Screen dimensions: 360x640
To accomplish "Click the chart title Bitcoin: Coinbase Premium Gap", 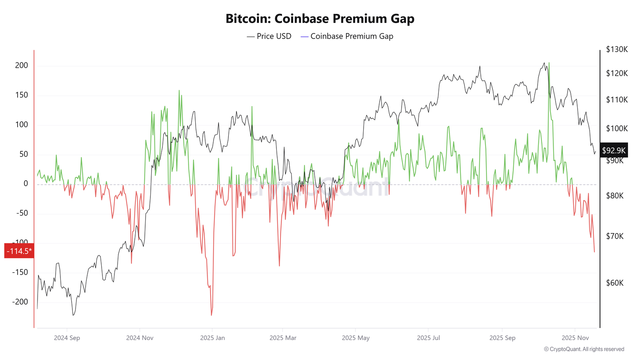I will [320, 18].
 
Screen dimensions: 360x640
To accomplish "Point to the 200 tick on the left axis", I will [22, 66].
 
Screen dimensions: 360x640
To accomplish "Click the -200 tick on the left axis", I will [20, 302].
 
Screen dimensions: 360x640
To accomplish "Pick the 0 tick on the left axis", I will [26, 184].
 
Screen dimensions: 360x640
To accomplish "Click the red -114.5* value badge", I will [19, 251].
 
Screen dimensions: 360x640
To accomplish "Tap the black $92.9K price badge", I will [614, 150].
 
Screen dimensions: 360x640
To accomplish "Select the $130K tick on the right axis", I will [616, 50].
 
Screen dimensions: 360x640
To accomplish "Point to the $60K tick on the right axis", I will [615, 283].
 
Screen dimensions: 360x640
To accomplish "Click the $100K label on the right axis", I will [616, 129].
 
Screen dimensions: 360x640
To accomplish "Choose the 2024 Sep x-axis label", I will [67, 338].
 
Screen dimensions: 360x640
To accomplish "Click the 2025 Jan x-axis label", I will [212, 338].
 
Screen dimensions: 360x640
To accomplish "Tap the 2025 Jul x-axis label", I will [428, 338].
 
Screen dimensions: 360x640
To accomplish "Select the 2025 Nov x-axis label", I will [575, 338].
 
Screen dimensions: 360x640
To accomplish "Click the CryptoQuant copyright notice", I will [584, 349].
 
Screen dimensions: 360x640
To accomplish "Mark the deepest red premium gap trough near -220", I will [211, 315].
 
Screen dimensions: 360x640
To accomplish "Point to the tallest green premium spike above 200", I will [549, 63].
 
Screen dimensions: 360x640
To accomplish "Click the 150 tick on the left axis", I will [22, 95].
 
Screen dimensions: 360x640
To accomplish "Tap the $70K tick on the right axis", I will [615, 236].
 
